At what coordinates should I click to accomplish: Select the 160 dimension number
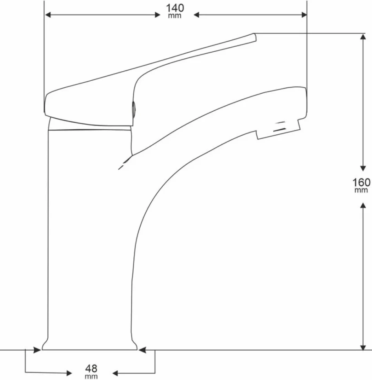tap(361, 182)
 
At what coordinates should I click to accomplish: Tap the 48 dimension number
tap(91, 369)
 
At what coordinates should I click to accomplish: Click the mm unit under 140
tap(174, 16)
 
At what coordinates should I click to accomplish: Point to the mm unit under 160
tap(361, 190)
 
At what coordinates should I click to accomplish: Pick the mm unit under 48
tap(91, 376)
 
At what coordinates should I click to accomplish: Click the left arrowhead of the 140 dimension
tap(48, 15)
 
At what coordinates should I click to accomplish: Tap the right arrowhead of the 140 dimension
tap(304, 15)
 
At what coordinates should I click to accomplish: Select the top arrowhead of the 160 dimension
tap(363, 37)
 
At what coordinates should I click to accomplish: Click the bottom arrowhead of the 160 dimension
tap(363, 347)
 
